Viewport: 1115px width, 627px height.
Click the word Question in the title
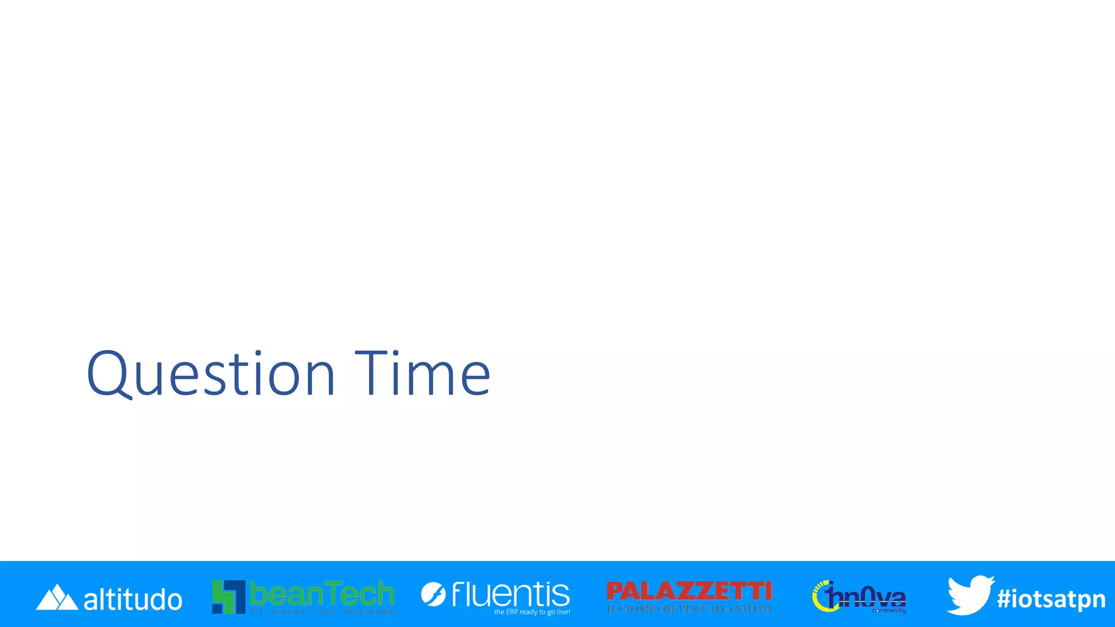[x=210, y=374]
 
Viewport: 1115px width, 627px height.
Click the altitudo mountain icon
[x=57, y=598]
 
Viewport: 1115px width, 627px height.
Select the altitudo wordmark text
[x=133, y=600]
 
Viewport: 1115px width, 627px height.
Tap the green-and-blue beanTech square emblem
[x=229, y=597]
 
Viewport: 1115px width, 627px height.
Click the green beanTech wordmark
[x=322, y=593]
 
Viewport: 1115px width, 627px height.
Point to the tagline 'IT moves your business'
[x=323, y=612]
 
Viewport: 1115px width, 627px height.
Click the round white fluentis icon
[x=433, y=594]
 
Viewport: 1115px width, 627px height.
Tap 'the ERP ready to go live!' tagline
[x=532, y=612]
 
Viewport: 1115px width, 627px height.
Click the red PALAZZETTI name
[x=689, y=592]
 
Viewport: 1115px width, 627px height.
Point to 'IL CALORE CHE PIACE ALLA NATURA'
[x=689, y=609]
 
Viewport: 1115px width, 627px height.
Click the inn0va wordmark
[x=867, y=597]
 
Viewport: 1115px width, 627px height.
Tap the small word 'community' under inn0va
[x=889, y=611]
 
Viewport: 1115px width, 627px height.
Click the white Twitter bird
[x=970, y=595]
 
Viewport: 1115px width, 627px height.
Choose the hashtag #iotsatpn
[x=1051, y=599]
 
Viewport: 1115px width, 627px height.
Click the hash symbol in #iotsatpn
[x=1004, y=599]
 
